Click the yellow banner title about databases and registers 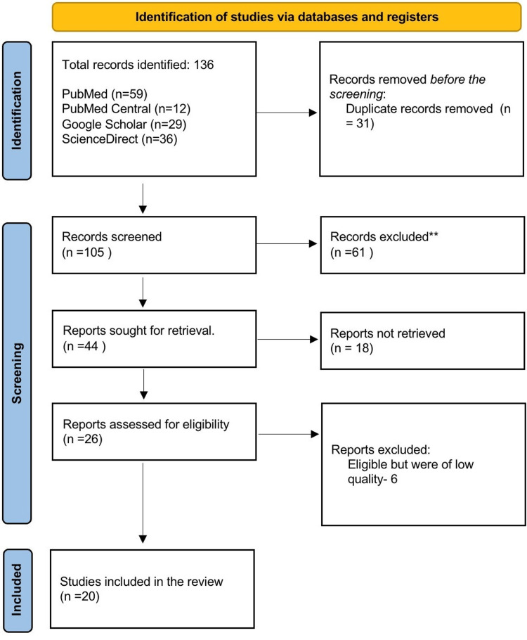288,15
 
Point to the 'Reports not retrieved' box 419,339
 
